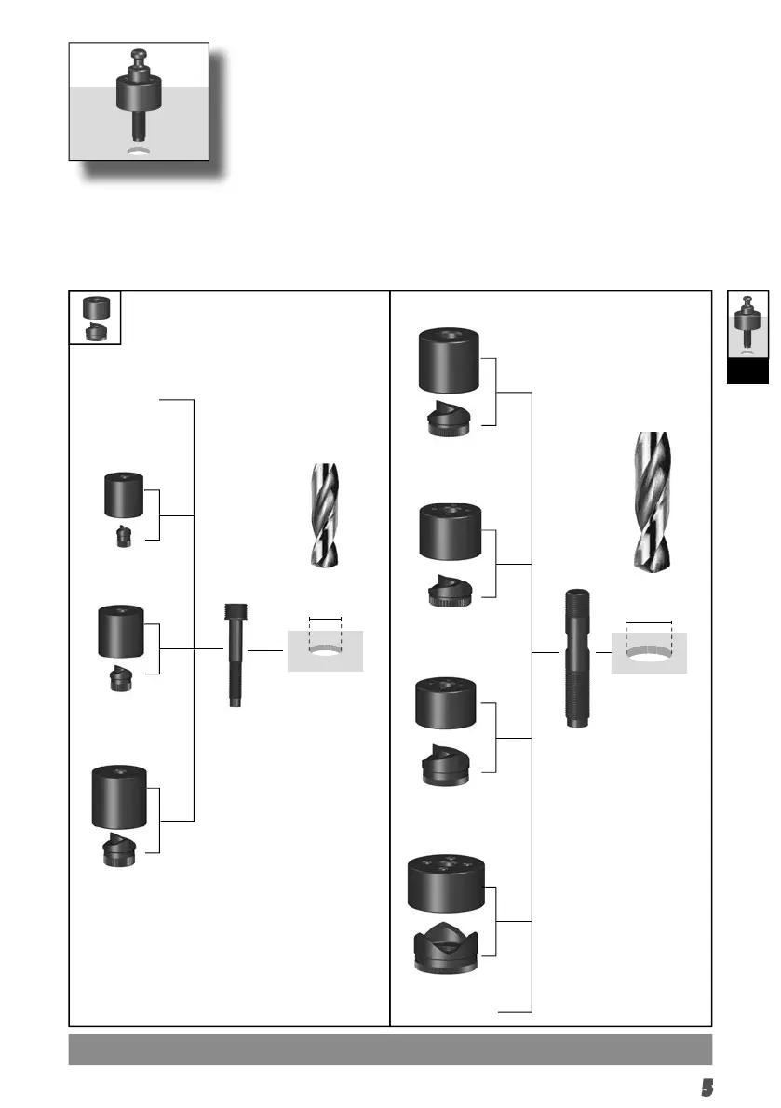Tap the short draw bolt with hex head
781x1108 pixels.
point(235,655)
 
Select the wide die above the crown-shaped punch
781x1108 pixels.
point(449,882)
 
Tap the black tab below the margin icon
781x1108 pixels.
point(747,371)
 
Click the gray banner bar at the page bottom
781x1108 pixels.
point(390,1048)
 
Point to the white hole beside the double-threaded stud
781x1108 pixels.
point(649,653)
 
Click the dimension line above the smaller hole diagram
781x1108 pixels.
point(325,618)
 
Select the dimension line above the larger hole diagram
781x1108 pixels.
point(649,621)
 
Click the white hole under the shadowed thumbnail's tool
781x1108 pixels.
point(139,152)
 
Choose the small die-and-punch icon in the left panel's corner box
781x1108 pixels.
point(94,318)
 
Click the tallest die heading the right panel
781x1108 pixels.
point(451,360)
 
